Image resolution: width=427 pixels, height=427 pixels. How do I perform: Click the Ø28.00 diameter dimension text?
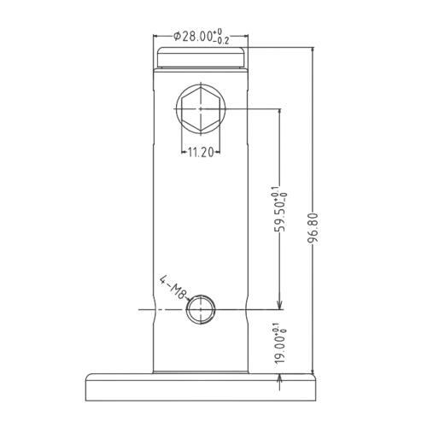point(195,36)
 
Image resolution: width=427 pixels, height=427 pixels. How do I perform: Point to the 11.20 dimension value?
point(200,152)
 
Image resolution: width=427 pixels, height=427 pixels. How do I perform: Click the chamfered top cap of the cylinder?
point(201,58)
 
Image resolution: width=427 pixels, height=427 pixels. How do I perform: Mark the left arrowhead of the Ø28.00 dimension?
point(156,37)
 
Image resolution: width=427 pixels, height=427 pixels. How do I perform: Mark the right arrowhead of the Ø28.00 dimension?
point(244,37)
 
